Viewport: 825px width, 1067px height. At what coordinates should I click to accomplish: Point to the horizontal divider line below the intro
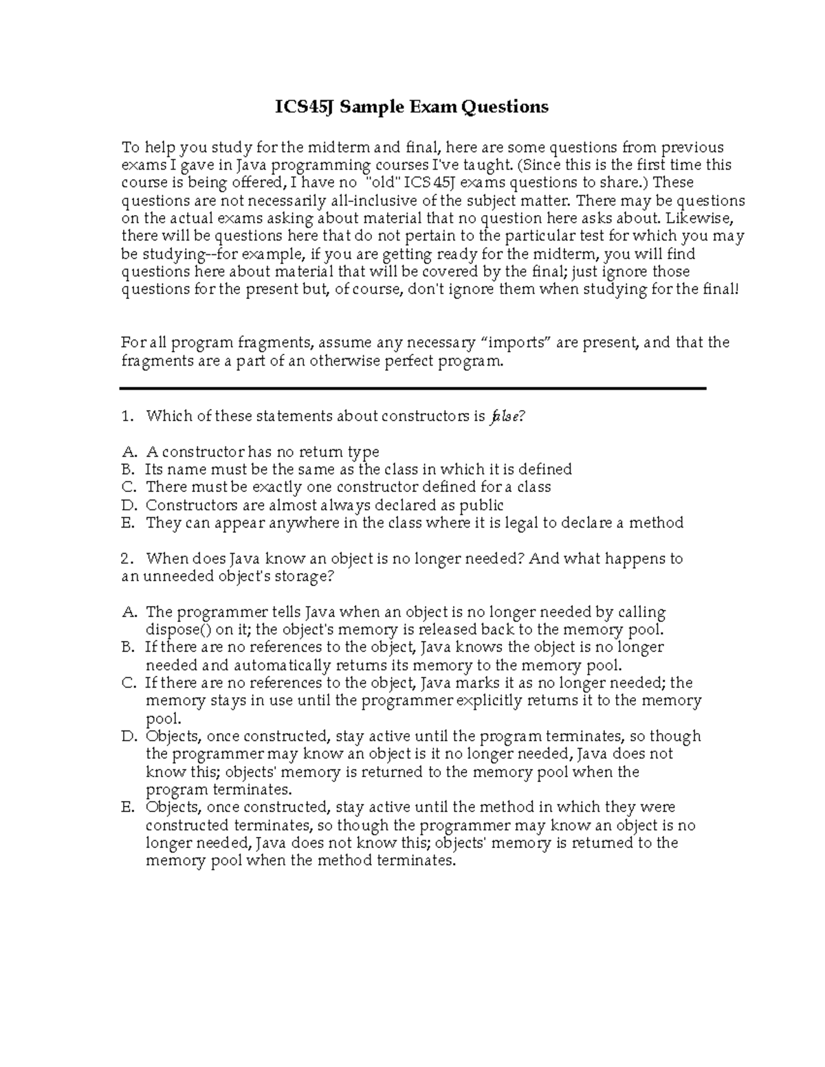tap(412, 389)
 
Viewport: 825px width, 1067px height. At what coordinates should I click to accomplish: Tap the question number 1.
tap(126, 416)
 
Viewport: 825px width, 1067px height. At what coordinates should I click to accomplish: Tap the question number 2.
tap(126, 559)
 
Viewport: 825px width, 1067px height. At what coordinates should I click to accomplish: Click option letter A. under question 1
tap(129, 452)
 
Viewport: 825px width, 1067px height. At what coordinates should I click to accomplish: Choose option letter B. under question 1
tap(128, 470)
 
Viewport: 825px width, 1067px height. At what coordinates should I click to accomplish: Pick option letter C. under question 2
tap(129, 683)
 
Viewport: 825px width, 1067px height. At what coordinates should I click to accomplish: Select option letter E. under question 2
tap(129, 807)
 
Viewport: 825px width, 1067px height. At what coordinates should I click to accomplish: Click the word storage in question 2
tap(305, 576)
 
